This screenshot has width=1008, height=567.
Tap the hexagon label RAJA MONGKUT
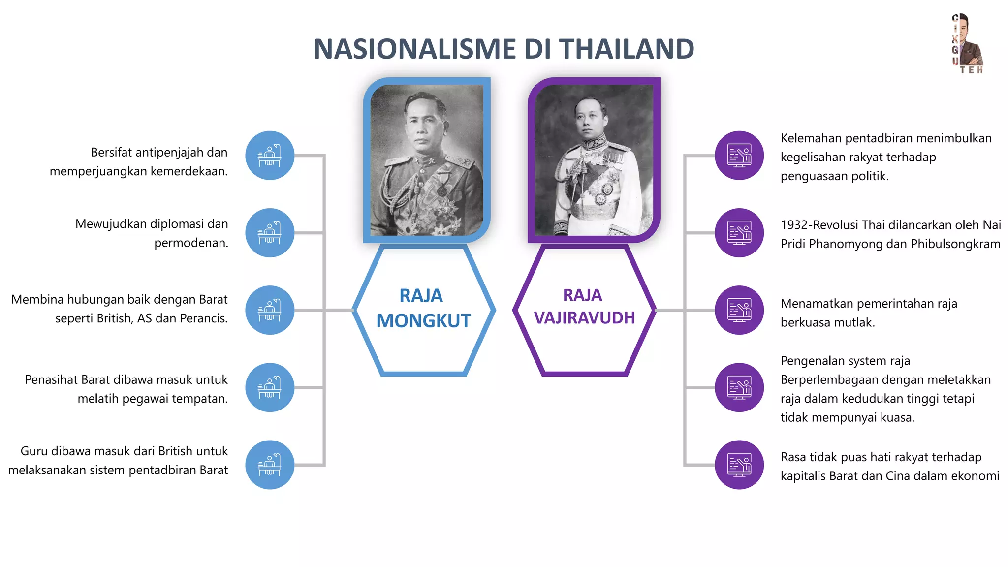pos(423,309)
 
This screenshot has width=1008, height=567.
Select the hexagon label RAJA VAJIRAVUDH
pos(584,307)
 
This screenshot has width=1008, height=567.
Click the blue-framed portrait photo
pos(427,160)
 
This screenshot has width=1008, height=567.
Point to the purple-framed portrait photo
pos(594,160)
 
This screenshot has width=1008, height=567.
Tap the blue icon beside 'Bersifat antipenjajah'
pos(270,156)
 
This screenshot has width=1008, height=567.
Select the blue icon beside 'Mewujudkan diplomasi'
pos(270,233)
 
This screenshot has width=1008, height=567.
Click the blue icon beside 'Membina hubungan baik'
pos(270,310)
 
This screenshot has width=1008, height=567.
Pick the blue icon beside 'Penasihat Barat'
pos(270,387)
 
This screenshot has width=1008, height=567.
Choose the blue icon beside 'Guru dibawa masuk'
pos(270,465)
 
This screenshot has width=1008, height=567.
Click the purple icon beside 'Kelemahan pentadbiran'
pos(739,156)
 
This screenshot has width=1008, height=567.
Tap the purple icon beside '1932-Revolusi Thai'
pos(739,233)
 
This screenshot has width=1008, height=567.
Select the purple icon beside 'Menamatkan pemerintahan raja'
pos(739,310)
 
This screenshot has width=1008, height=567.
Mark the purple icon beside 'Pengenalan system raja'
pos(739,387)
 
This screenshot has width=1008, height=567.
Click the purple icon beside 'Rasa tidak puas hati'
pos(739,465)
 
